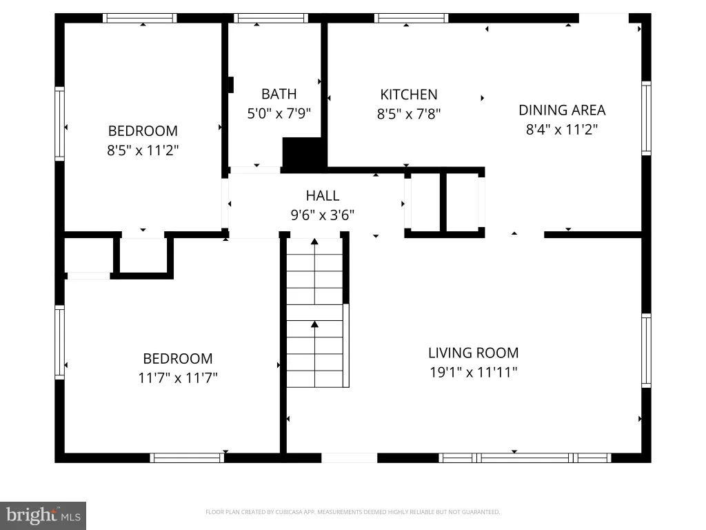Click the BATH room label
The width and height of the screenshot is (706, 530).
pos(279,94)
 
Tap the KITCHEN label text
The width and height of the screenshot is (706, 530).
pos(408,94)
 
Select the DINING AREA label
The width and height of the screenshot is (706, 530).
pos(562,110)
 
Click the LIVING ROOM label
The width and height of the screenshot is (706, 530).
pos(473,353)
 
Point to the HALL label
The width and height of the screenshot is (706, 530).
pos(323,195)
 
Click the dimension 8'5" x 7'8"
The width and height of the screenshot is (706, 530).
pos(408,114)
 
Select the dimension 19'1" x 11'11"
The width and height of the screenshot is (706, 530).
pos(473,372)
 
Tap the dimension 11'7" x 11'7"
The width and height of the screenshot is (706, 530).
pos(178,377)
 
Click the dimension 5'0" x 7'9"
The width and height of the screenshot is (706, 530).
pos(279,113)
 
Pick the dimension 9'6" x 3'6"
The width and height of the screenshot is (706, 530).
pos(323,215)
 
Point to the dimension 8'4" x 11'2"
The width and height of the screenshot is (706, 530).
pos(562,130)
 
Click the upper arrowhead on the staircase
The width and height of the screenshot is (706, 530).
pos(314,242)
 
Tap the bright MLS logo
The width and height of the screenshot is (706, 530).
pos(43,516)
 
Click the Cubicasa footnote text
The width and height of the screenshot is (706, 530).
pos(352,512)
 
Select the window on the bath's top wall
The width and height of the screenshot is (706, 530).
pos(271,18)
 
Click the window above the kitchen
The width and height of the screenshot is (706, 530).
pos(411,18)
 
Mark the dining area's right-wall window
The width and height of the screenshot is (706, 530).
pos(646,118)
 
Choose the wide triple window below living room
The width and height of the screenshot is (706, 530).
pos(525,458)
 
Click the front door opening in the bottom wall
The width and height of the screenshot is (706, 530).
pos(349,458)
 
